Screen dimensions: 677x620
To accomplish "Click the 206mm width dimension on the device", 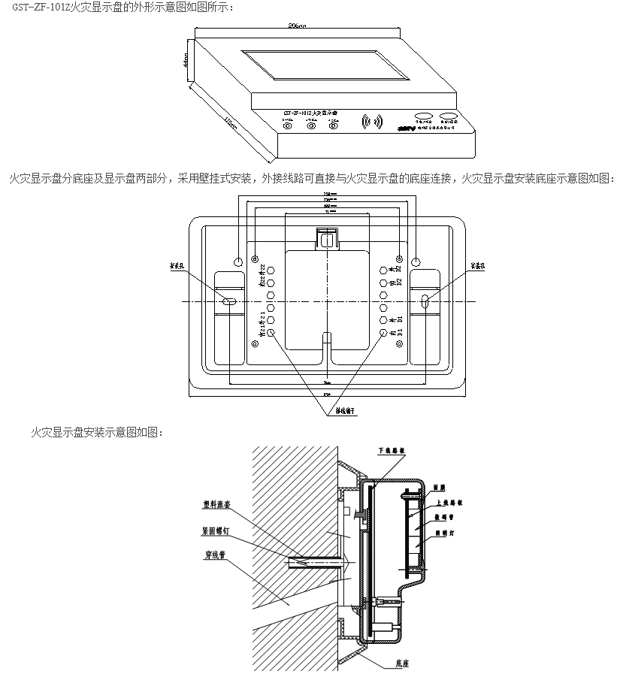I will [297, 25].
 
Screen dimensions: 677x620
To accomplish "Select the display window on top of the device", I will [324, 65].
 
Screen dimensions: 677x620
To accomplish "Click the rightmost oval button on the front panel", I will [449, 116].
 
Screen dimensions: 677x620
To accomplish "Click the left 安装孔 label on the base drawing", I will [177, 266].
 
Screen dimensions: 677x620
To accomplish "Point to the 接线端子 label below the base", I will [345, 411].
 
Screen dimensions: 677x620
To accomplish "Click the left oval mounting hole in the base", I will [230, 301].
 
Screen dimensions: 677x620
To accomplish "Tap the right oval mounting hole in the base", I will [425, 301].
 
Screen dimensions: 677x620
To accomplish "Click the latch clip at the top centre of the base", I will [326, 239].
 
